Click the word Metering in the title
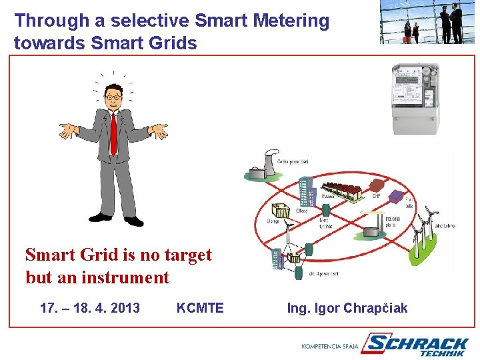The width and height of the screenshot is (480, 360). [x=291, y=21]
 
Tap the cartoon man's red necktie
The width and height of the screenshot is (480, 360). [x=113, y=134]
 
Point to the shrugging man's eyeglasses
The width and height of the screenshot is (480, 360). [x=113, y=97]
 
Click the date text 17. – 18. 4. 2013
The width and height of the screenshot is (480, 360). [x=90, y=308]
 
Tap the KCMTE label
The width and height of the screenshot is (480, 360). [x=200, y=308]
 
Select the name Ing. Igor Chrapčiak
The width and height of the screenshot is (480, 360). [x=347, y=308]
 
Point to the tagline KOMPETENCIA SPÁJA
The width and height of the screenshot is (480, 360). [x=330, y=347]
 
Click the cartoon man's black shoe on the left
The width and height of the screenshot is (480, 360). [x=100, y=217]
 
